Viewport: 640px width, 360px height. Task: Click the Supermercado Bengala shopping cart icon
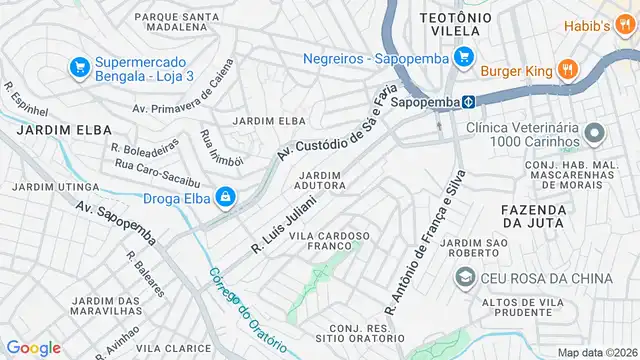pyautogui.click(x=80, y=67)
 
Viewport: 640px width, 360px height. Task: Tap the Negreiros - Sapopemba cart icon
pyautogui.click(x=463, y=58)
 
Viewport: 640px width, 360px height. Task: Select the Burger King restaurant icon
pyautogui.click(x=567, y=70)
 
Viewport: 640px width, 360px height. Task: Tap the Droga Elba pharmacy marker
pyautogui.click(x=227, y=197)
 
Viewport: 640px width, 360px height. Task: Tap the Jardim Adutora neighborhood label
pyautogui.click(x=320, y=181)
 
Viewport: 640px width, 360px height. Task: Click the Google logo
pyautogui.click(x=33, y=347)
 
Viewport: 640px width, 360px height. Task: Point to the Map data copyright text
pyautogui.click(x=596, y=352)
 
